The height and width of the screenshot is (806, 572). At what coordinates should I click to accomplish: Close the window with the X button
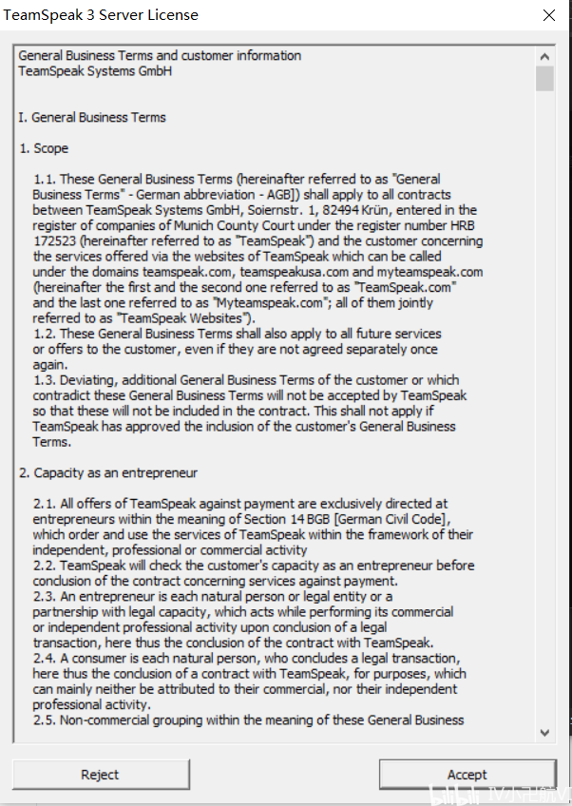(x=549, y=16)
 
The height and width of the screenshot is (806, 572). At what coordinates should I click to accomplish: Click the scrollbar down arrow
(x=544, y=732)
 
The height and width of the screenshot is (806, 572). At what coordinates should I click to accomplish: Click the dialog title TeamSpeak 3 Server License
(x=102, y=16)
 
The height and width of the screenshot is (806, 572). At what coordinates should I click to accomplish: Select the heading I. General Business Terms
(x=92, y=118)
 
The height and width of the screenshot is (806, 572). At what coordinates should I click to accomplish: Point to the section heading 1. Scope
(x=44, y=148)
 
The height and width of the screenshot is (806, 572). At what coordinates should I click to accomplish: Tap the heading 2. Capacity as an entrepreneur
(x=108, y=472)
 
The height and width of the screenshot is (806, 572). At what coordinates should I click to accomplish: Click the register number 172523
(x=53, y=241)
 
